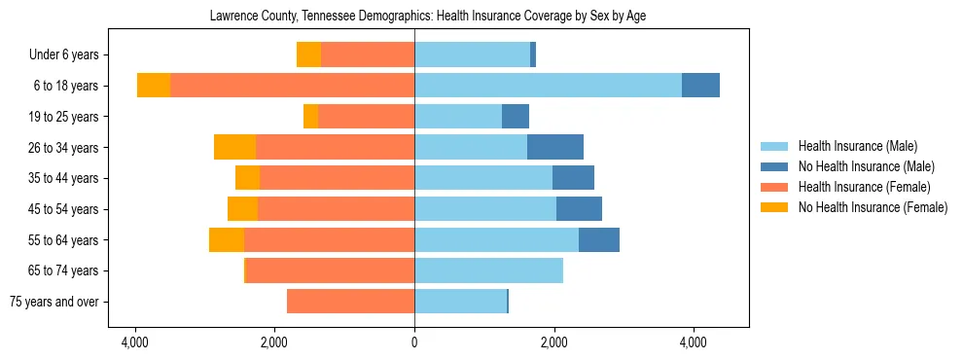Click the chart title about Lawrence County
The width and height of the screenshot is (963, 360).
428,17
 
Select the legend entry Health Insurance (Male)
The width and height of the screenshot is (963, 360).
857,146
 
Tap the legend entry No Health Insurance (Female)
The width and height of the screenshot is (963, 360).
873,207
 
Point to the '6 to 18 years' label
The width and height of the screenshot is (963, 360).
66,86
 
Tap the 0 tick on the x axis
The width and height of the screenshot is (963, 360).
414,342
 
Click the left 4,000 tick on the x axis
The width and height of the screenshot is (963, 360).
134,342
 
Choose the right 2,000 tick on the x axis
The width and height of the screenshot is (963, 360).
554,342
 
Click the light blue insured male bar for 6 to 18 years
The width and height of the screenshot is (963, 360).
548,86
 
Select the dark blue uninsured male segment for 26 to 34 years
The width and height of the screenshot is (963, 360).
555,147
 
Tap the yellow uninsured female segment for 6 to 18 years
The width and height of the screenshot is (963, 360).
154,86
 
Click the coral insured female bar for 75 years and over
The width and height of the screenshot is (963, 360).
350,302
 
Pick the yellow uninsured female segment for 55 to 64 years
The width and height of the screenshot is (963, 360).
227,240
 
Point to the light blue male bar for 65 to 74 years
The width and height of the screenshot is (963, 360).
488,270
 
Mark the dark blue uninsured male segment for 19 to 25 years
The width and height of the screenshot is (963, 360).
516,117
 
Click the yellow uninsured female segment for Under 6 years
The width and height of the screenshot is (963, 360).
309,55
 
